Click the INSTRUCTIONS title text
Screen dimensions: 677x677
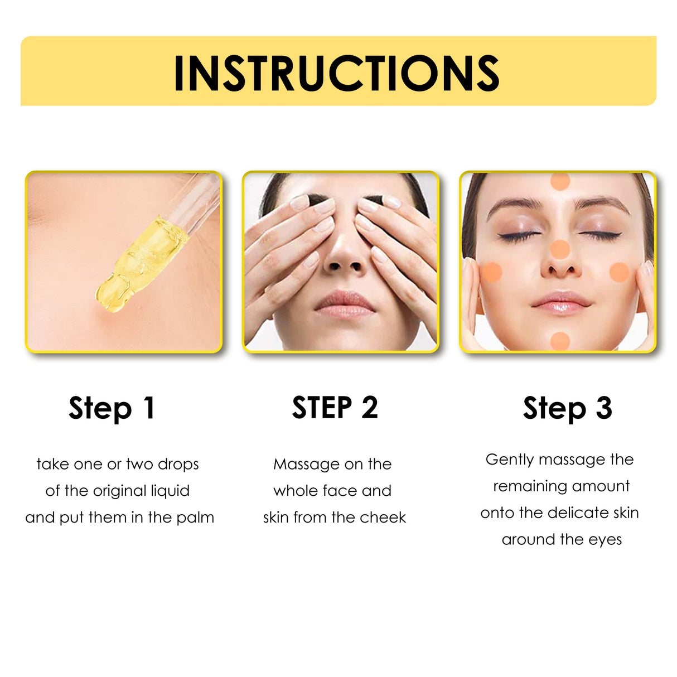[336, 73]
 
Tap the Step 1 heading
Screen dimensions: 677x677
[112, 408]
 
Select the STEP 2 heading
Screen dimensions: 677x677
[335, 408]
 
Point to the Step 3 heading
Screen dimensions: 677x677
[567, 408]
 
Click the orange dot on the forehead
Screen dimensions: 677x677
[560, 181]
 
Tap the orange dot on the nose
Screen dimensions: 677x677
[560, 249]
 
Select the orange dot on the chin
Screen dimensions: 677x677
[560, 341]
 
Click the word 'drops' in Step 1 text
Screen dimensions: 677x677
[178, 464]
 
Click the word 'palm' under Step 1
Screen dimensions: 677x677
[195, 518]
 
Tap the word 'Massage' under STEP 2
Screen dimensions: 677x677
[306, 465]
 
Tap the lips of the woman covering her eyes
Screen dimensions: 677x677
[345, 304]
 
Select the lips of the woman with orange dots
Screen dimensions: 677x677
[561, 302]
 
